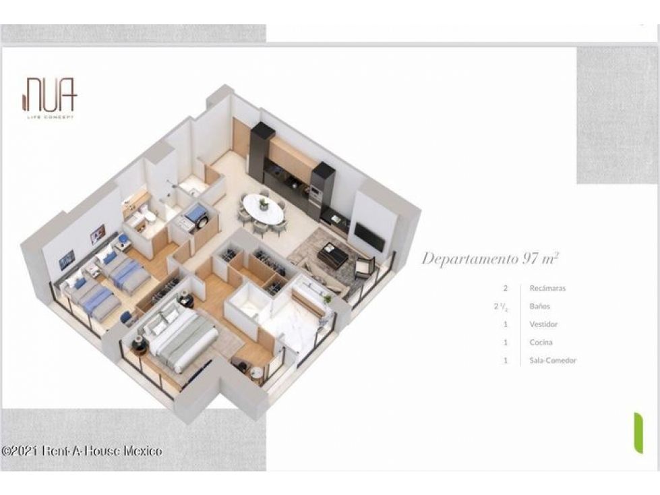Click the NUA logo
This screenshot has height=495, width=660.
pyautogui.click(x=49, y=97)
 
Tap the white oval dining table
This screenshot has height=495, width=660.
pyautogui.click(x=264, y=208)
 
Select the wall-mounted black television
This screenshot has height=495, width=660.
pyautogui.click(x=369, y=237)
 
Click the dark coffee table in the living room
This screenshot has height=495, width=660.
pyautogui.click(x=332, y=254)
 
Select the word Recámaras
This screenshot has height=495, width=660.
pyautogui.click(x=547, y=289)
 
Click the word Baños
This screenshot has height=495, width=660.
pyautogui.click(x=539, y=306)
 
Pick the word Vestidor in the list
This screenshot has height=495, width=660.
pyautogui.click(x=543, y=324)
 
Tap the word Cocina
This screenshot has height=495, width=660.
pyautogui.click(x=541, y=342)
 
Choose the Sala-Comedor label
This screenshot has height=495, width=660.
pyautogui.click(x=553, y=360)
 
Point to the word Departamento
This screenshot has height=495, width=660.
pyautogui.click(x=470, y=259)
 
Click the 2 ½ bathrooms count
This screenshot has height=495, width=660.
pyautogui.click(x=500, y=306)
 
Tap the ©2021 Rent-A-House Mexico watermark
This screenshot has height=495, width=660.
pyautogui.click(x=82, y=450)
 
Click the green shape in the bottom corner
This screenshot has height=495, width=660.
pyautogui.click(x=638, y=434)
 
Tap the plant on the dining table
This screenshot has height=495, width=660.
pyautogui.click(x=264, y=204)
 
